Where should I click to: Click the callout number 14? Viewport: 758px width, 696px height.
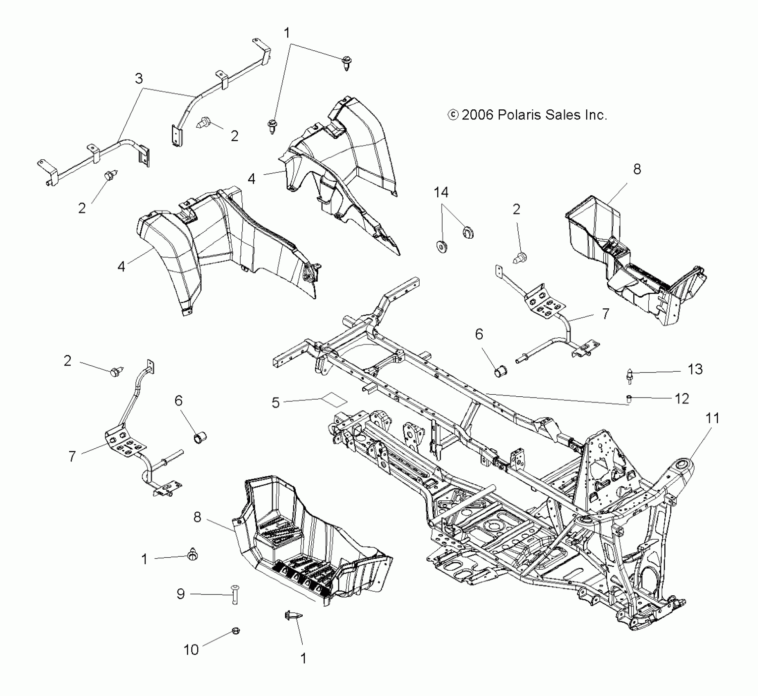(441, 192)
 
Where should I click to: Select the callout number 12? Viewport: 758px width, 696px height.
(682, 398)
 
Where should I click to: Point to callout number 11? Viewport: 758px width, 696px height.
(712, 418)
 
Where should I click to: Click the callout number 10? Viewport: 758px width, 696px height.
(191, 649)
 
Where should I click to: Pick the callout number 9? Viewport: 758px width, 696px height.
(180, 594)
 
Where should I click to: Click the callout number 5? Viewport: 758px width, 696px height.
(276, 402)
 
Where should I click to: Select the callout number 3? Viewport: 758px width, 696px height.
(139, 78)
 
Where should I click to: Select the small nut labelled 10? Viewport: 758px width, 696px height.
(235, 631)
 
